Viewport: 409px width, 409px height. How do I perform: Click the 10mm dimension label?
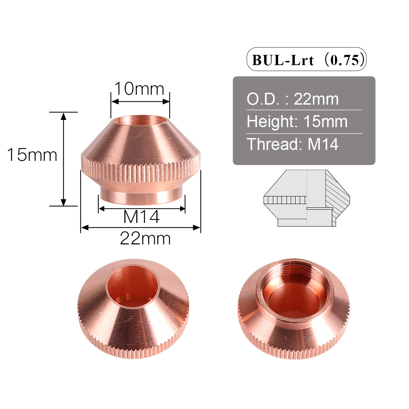[x=139, y=89]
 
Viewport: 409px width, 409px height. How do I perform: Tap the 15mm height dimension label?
[x=32, y=155]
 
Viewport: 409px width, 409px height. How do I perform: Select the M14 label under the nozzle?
[x=141, y=217]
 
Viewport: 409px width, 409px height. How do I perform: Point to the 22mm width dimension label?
[x=145, y=239]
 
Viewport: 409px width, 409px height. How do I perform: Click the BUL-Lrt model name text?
[x=283, y=60]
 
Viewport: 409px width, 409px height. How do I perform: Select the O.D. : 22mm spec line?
[x=292, y=99]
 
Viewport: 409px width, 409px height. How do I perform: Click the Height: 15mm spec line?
[x=297, y=122]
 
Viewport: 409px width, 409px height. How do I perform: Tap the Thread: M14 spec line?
[x=292, y=144]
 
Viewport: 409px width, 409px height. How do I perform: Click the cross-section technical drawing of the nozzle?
[x=307, y=198]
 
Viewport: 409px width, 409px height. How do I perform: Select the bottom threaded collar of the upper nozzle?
[x=141, y=198]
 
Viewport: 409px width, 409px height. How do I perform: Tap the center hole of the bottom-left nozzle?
[x=133, y=286]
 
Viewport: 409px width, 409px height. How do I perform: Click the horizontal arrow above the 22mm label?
[x=140, y=227]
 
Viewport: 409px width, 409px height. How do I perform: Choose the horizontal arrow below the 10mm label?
[x=140, y=101]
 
